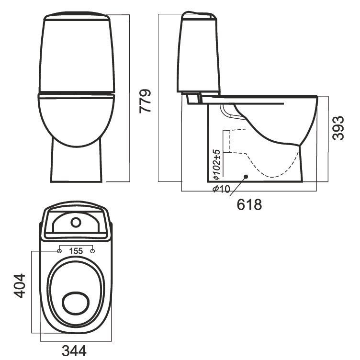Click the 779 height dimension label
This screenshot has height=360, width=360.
point(145,101)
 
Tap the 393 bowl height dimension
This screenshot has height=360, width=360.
point(338,128)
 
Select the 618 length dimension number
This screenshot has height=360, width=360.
point(249,204)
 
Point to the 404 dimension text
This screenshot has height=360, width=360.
point(19,286)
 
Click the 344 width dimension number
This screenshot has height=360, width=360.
point(74,350)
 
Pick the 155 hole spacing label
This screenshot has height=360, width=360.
point(76,251)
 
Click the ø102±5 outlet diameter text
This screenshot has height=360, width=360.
point(216,164)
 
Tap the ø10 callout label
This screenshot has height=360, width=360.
point(221,189)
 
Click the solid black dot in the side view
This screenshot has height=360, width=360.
point(246,176)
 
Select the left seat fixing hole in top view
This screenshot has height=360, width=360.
point(59,251)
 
